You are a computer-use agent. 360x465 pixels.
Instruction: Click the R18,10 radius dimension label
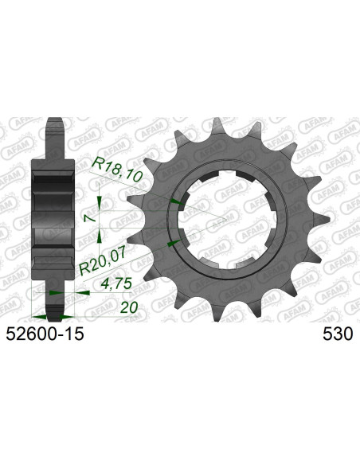point(117,169)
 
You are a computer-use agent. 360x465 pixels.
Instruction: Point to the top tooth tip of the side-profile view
point(53,125)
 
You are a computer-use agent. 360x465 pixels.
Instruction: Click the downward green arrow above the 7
point(99,203)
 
